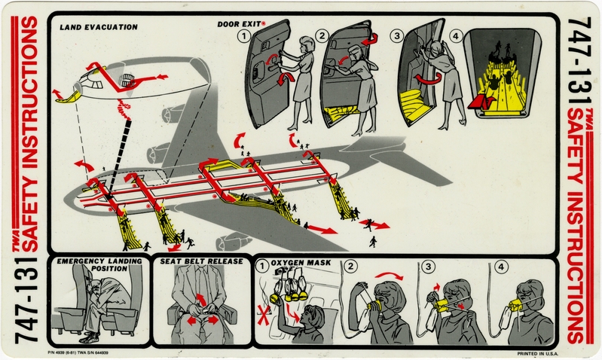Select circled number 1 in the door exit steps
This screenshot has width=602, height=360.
click(x=243, y=36)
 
